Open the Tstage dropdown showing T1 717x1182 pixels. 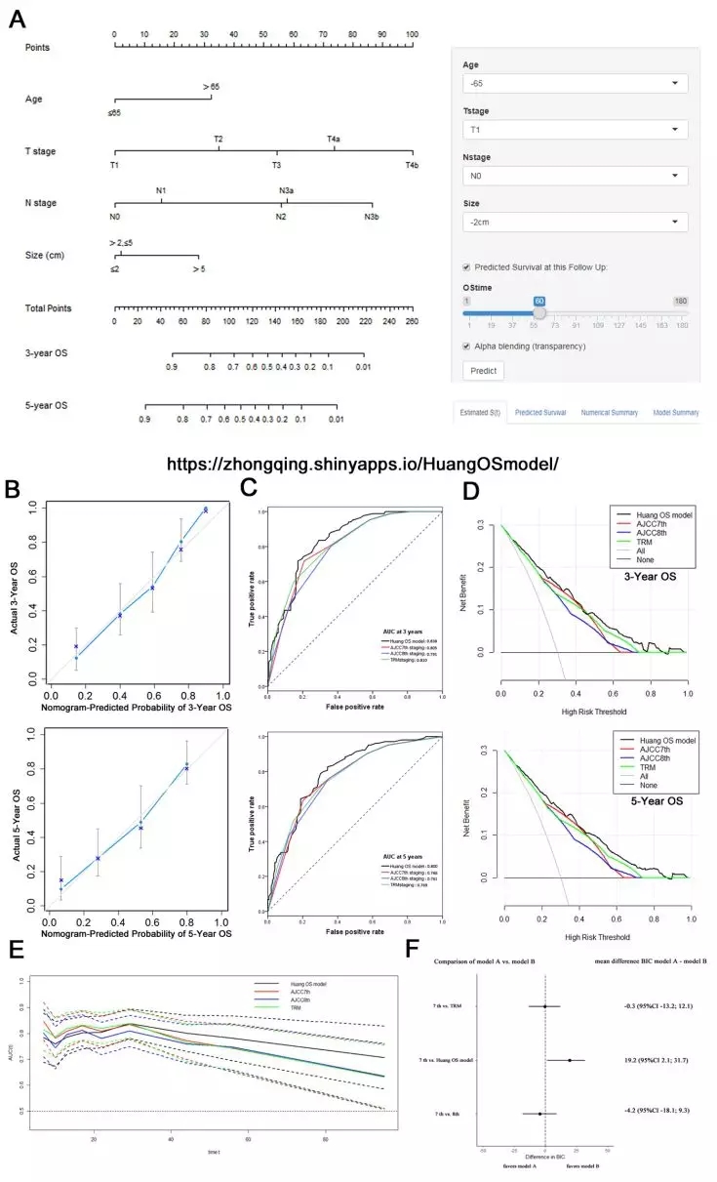pyautogui.click(x=575, y=130)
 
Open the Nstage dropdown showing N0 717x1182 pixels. pyautogui.click(x=575, y=177)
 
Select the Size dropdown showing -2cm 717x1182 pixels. pyautogui.click(x=575, y=223)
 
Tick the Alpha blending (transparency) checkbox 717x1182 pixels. pyautogui.click(x=467, y=346)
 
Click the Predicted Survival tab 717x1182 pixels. pyautogui.click(x=540, y=413)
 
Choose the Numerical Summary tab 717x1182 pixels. pyautogui.click(x=610, y=413)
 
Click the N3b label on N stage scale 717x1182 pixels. pyautogui.click(x=372, y=216)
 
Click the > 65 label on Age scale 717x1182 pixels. pyautogui.click(x=212, y=87)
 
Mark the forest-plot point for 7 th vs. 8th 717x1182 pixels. pyautogui.click(x=539, y=1113)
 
